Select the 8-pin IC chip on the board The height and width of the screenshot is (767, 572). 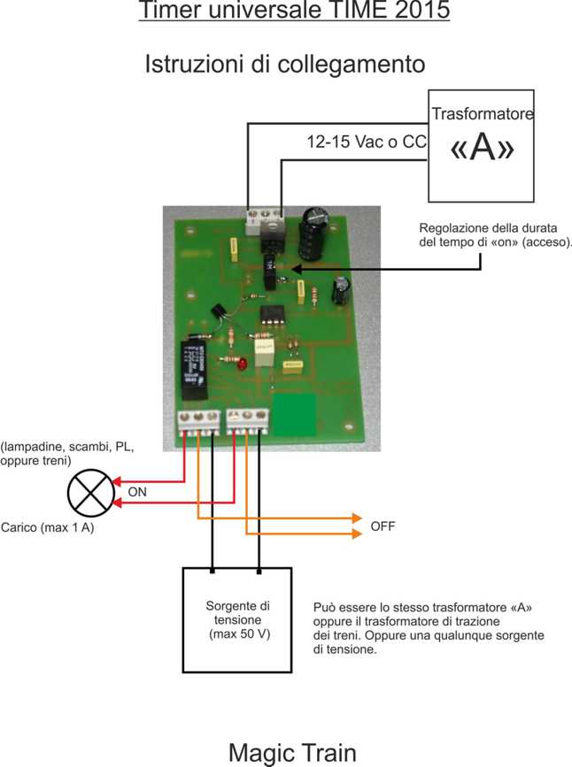pos(271,317)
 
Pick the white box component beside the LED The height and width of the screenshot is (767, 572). pos(264,354)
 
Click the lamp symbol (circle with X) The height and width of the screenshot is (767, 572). pos(91,494)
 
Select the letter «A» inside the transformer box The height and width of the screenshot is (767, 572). pos(482,149)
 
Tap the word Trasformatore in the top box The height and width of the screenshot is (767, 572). pos(482,114)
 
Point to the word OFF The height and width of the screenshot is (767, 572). pos(383,526)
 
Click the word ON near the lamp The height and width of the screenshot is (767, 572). pos(138,492)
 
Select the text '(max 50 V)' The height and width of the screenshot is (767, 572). pos(237,635)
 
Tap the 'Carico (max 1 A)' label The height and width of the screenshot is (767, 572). pos(48,527)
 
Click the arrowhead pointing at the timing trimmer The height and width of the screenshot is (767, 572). pos(296,268)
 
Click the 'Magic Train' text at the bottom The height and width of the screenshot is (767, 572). pos(292,753)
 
